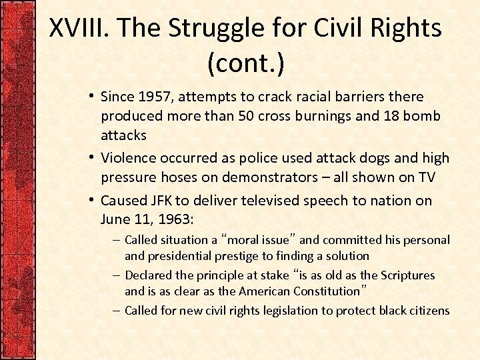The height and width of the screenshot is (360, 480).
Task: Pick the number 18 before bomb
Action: coord(392,116)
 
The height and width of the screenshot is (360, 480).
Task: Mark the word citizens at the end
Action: coord(427,311)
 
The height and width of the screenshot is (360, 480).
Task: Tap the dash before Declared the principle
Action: coord(116,275)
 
